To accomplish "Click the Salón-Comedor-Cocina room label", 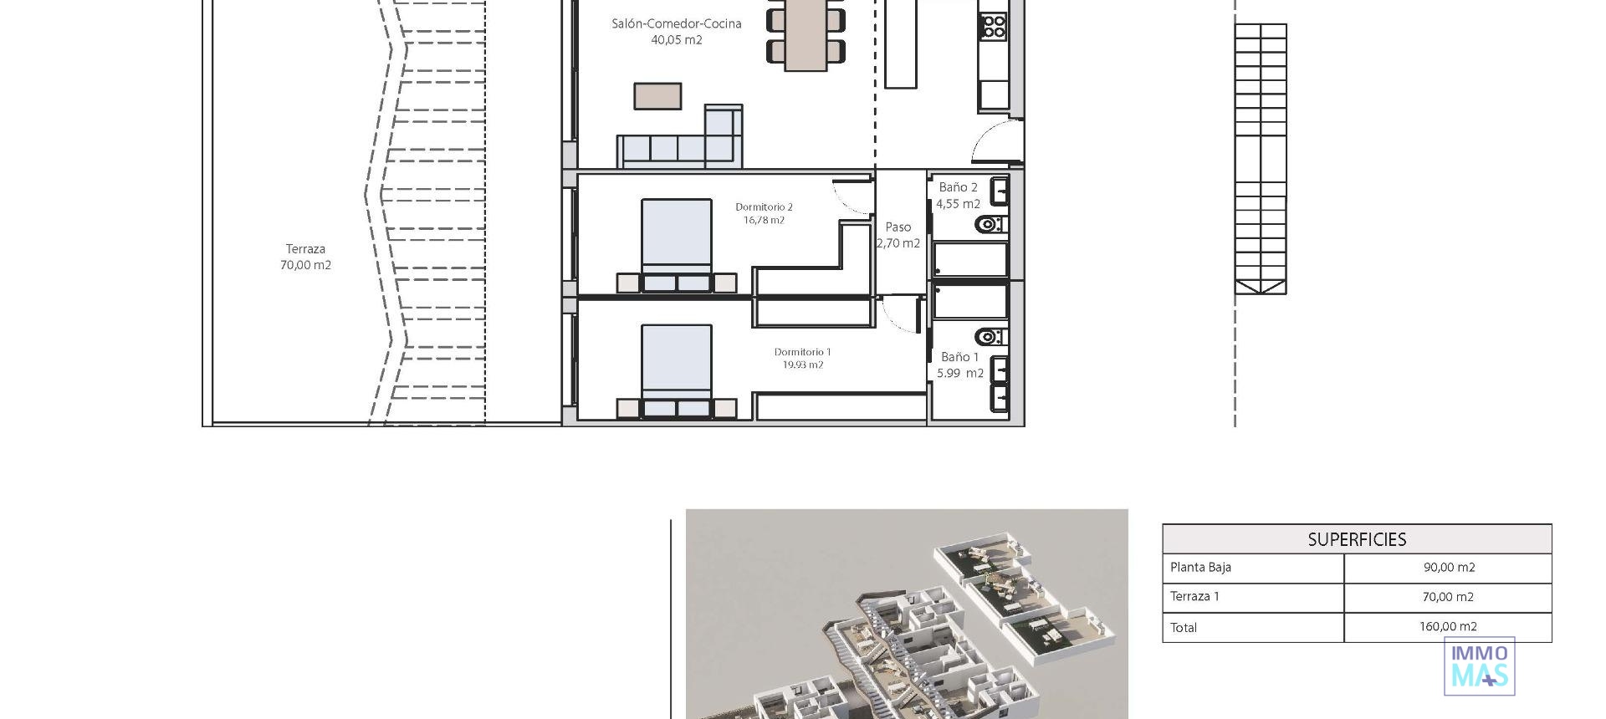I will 676,31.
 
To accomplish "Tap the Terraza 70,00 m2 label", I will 305,257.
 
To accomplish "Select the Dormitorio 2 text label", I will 764,213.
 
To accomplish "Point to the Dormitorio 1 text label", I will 802,359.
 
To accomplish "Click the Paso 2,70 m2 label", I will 898,235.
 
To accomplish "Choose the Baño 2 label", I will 958,195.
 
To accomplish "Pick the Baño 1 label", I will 959,365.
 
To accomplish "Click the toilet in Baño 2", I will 990,224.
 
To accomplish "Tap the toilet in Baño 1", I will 990,337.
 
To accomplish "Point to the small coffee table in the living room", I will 657,95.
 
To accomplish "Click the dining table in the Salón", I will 805,33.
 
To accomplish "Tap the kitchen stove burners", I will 994,26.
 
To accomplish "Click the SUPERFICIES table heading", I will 1357,539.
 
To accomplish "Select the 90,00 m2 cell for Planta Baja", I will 1449,568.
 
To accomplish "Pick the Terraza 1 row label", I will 1194,597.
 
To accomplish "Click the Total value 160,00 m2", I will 1448,627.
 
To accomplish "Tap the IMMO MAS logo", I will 1479,666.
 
